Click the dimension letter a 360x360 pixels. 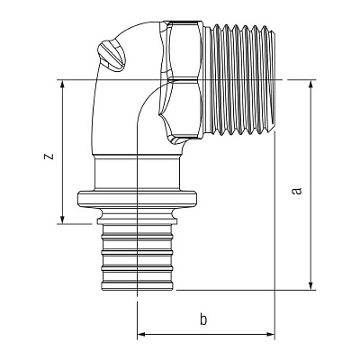point(297,191)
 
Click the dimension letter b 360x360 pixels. point(203,319)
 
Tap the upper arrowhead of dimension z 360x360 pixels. point(62,84)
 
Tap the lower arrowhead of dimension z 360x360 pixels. point(62,220)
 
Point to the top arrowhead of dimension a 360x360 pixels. point(311,85)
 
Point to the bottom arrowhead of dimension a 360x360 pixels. point(311,286)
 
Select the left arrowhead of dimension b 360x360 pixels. point(141,334)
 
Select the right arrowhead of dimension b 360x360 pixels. point(270,334)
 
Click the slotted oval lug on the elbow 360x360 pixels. point(112,56)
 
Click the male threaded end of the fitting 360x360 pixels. point(239,78)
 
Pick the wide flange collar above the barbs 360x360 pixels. point(137,198)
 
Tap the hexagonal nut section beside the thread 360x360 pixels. point(182,80)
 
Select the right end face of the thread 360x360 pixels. point(274,79)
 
